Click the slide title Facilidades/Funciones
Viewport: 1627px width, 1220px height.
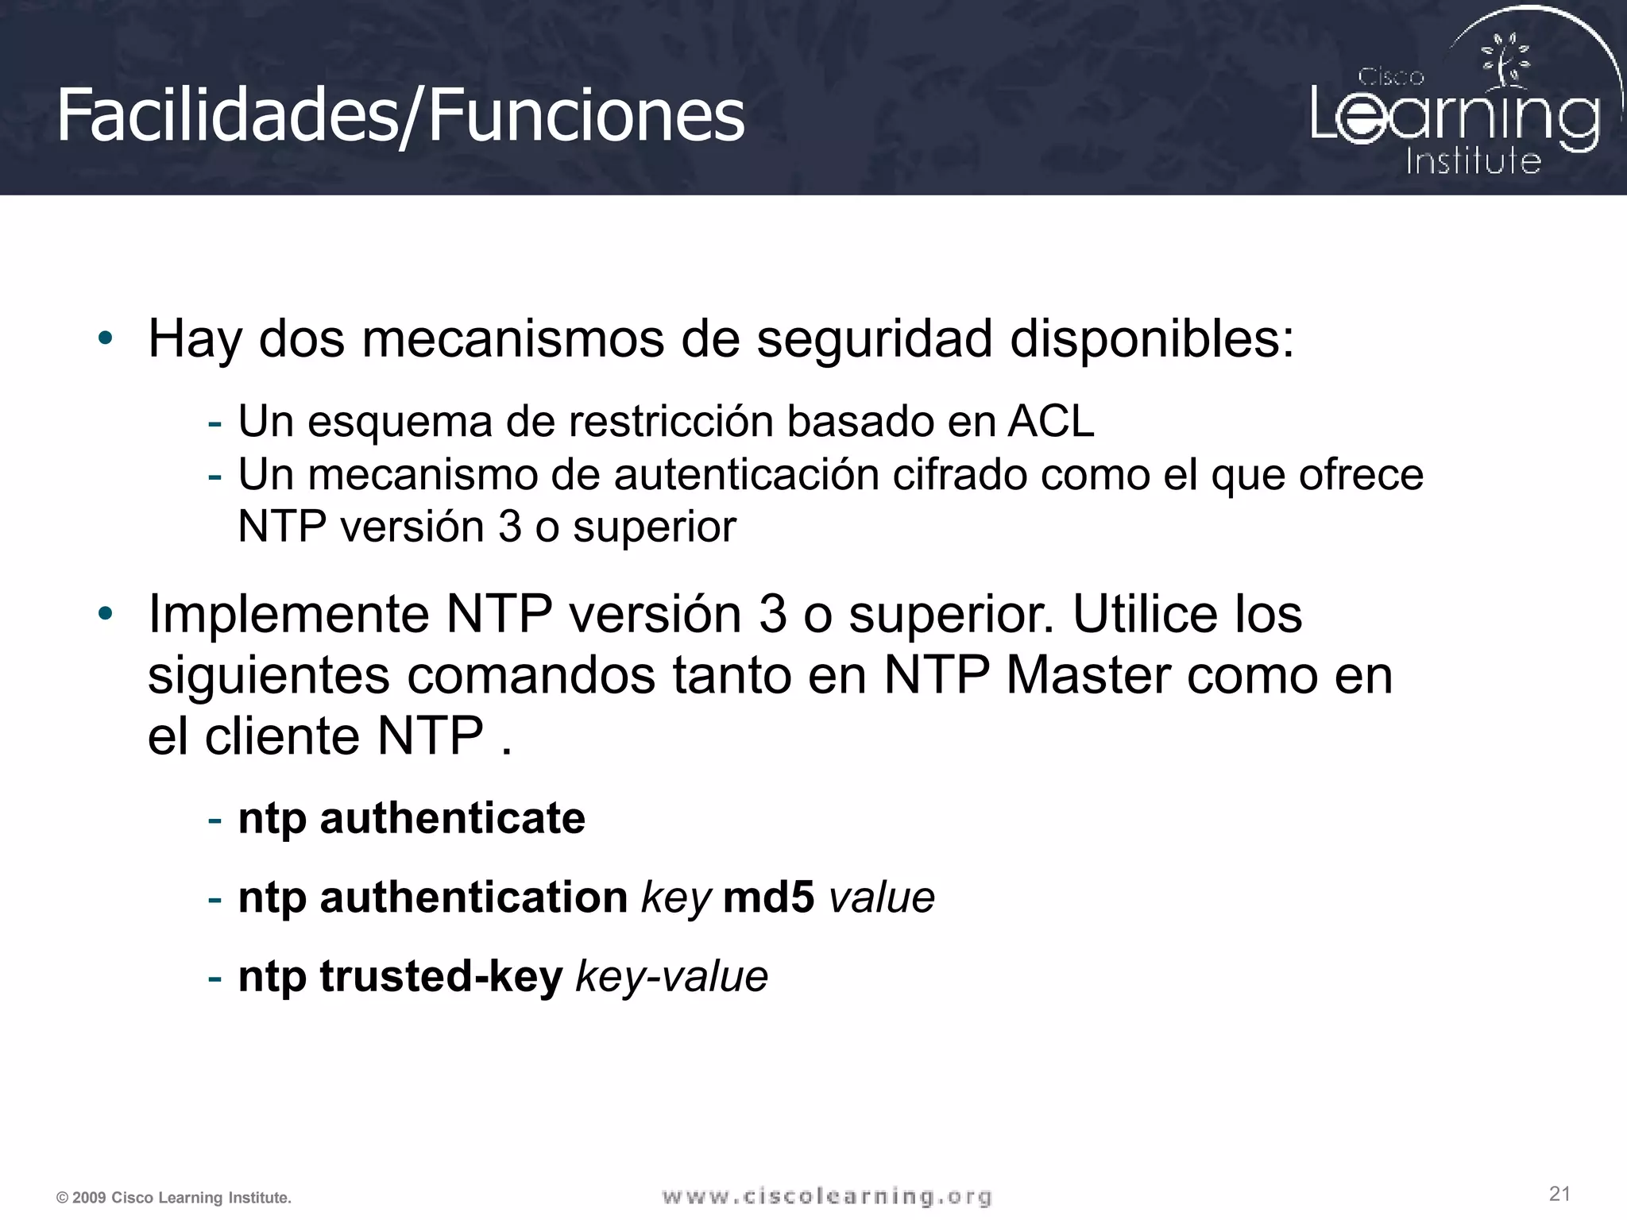(400, 116)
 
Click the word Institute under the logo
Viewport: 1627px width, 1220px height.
(1473, 161)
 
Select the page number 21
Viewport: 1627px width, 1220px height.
(1559, 1194)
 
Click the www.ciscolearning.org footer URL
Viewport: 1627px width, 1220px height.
(827, 1196)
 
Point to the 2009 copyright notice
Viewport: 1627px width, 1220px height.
(174, 1198)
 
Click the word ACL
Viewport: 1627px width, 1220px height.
(1051, 421)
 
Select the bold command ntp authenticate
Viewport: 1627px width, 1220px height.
(412, 818)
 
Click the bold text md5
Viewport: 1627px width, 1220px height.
(768, 898)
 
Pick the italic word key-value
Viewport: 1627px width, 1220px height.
(671, 976)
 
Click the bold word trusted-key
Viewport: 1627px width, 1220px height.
(441, 976)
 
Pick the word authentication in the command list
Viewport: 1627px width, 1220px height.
(473, 898)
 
